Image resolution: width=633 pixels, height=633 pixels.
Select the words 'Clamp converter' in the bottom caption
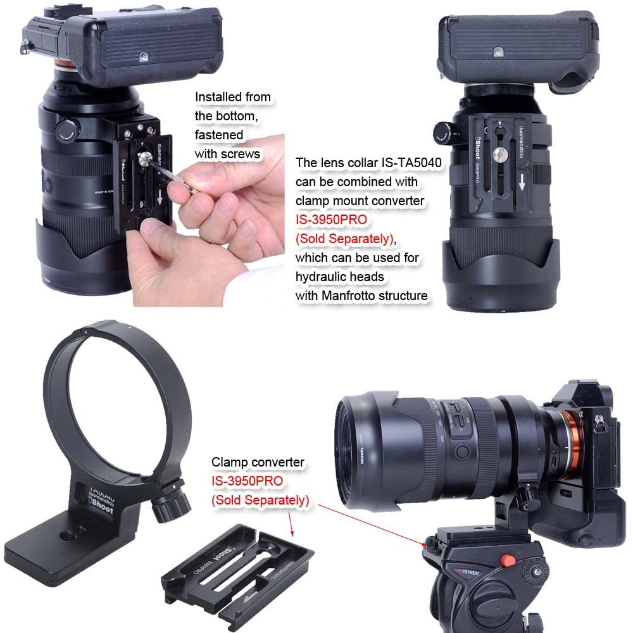click(258, 463)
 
